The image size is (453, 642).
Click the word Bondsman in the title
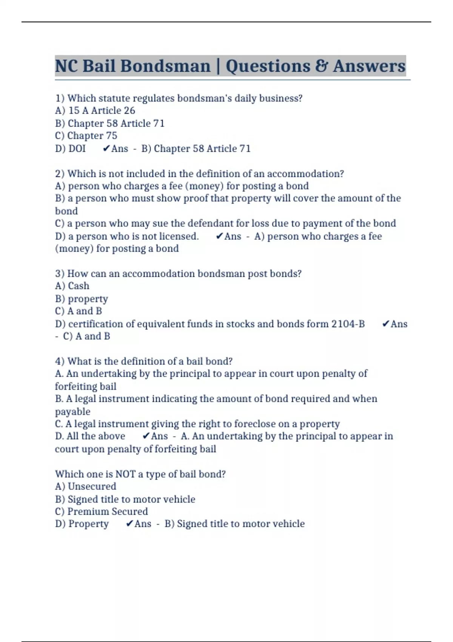[165, 66]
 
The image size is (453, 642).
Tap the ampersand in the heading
[321, 66]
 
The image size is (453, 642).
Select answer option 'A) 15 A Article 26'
[95, 111]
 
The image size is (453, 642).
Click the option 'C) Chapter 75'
[86, 136]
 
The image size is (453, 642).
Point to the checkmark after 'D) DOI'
[106, 148]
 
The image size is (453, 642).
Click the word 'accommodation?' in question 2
[305, 174]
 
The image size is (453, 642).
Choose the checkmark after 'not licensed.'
[219, 236]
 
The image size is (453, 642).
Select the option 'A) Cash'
[72, 286]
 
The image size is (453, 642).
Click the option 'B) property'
[81, 299]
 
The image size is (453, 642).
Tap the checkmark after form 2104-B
[385, 324]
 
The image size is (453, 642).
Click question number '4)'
[60, 361]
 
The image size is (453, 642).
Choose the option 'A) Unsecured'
[85, 486]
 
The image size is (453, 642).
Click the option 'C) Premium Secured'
[101, 511]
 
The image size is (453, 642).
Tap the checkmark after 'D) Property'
[129, 524]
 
